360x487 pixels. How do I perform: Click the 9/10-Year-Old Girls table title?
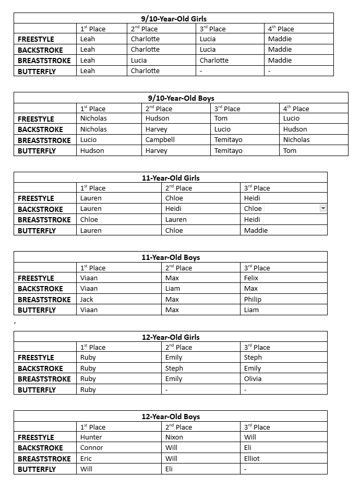pyautogui.click(x=173, y=19)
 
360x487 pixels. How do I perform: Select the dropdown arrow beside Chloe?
pyautogui.click(x=323, y=208)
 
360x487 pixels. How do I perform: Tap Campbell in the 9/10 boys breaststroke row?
pyautogui.click(x=160, y=140)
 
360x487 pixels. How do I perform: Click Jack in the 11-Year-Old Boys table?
pyautogui.click(x=87, y=300)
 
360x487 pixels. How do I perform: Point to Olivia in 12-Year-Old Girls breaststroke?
pyautogui.click(x=253, y=379)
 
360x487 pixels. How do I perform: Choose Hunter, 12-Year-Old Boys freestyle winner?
pyautogui.click(x=91, y=437)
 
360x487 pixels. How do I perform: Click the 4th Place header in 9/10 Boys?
pyautogui.click(x=296, y=109)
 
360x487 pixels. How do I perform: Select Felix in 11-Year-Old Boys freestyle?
pyautogui.click(x=251, y=278)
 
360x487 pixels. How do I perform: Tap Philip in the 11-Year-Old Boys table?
pyautogui.click(x=253, y=300)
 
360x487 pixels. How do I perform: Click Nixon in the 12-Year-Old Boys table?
pyautogui.click(x=174, y=437)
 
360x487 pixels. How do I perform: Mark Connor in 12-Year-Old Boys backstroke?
pyautogui.click(x=92, y=448)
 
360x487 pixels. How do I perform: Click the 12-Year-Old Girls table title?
pyautogui.click(x=171, y=337)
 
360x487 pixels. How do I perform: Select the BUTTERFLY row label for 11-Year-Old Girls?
pyautogui.click(x=37, y=231)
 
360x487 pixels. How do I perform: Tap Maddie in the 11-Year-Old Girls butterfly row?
pyautogui.click(x=256, y=231)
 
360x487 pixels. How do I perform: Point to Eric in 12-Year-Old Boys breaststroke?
pyautogui.click(x=86, y=459)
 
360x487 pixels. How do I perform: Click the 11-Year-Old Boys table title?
pyautogui.click(x=171, y=257)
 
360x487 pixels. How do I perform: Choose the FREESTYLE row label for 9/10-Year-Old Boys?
pyautogui.click(x=36, y=119)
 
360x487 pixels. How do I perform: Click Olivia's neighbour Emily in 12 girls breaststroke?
pyautogui.click(x=174, y=379)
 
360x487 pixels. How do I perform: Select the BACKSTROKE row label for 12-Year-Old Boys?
pyautogui.click(x=40, y=448)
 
